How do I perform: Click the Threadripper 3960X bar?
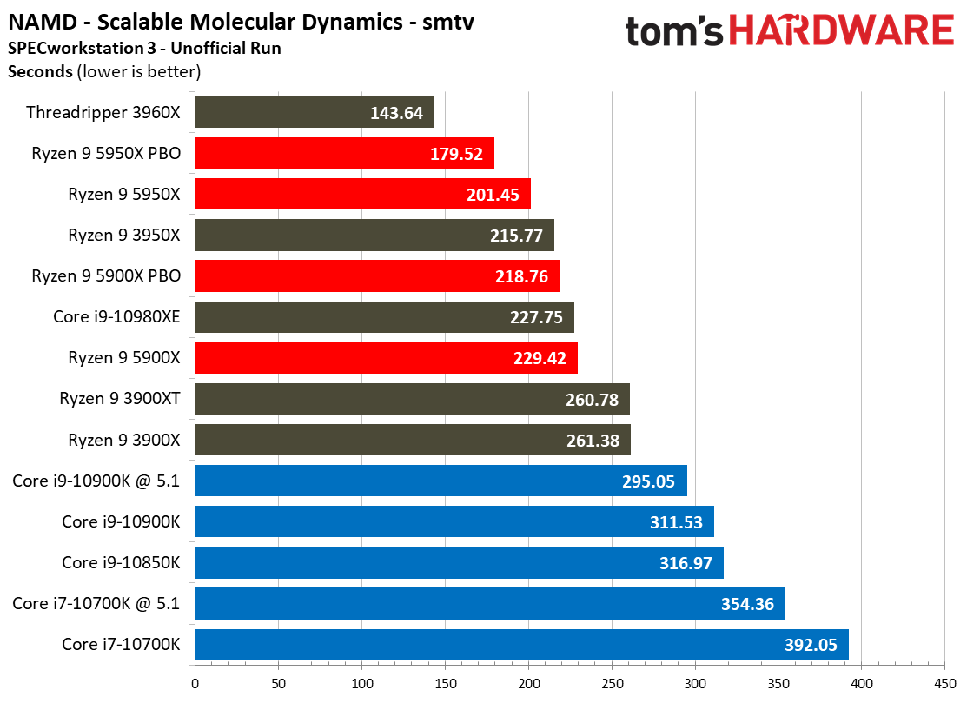(315, 112)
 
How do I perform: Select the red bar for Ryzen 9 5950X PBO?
(345, 153)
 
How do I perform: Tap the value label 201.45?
(493, 195)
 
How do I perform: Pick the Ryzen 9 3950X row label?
(124, 235)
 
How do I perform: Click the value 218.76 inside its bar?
(522, 276)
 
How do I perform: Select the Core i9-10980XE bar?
(385, 317)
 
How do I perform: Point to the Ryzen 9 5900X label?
(124, 358)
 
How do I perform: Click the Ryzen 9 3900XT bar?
(413, 399)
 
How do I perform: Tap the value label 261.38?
(593, 441)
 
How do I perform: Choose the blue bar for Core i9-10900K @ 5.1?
(441, 481)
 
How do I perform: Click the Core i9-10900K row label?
(121, 522)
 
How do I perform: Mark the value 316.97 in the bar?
(686, 563)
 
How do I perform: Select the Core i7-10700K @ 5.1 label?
(96, 603)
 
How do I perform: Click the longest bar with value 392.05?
(522, 645)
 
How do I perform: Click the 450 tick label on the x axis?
(944, 683)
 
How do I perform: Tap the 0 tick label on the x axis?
(195, 683)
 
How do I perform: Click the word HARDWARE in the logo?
(842, 30)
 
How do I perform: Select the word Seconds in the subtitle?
(40, 71)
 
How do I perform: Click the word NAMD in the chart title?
(43, 23)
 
